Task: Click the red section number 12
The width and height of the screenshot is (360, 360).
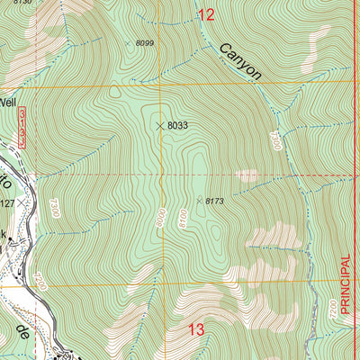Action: (x=207, y=13)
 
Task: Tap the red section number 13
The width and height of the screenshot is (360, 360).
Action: (x=196, y=329)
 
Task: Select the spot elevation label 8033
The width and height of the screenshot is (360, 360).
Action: (x=177, y=126)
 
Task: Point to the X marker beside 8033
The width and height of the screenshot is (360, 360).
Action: (x=160, y=126)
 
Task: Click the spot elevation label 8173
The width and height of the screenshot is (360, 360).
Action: (x=214, y=201)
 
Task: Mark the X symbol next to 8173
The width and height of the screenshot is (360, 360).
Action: (x=199, y=200)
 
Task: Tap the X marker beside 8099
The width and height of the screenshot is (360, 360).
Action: (x=128, y=42)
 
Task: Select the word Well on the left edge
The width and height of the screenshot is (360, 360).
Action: (x=9, y=102)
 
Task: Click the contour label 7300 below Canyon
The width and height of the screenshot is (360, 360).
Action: (x=275, y=139)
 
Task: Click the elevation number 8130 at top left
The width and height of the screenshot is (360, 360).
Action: (x=22, y=3)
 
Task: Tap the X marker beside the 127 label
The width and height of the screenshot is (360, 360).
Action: (x=19, y=204)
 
